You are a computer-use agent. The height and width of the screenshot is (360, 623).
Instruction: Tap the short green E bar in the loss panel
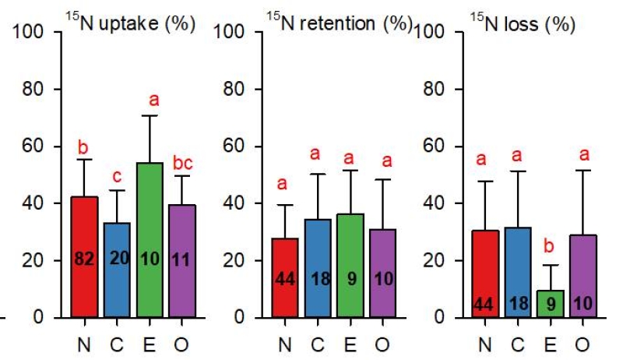click(551, 304)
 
